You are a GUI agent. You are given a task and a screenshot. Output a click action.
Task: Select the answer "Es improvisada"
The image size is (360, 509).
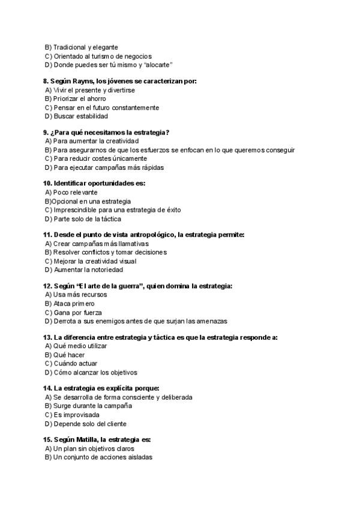pyautogui.click(x=76, y=415)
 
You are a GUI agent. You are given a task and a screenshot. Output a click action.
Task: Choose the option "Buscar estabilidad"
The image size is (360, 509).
pyautogui.click(x=80, y=116)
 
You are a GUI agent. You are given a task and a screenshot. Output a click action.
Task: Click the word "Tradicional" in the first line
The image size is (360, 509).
pyautogui.click(x=69, y=47)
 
